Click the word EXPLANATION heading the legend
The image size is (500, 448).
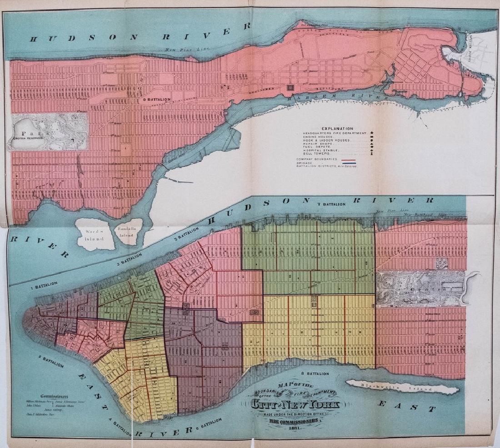(337, 129)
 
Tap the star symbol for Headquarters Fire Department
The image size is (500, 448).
(372, 133)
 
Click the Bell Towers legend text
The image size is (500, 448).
(317, 154)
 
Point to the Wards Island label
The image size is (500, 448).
(95, 233)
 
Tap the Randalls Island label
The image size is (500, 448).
(126, 232)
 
